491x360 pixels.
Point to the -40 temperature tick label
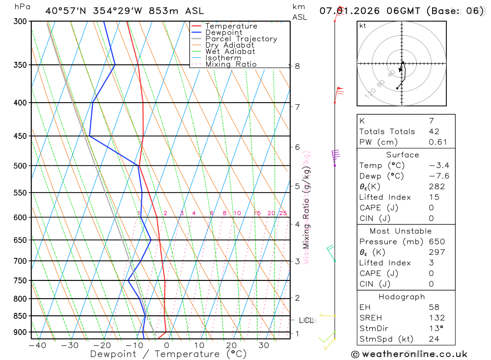tap(37, 345)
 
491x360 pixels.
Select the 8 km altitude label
tap(298, 66)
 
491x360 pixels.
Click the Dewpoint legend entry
tap(223, 32)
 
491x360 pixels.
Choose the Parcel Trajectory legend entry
tap(241, 39)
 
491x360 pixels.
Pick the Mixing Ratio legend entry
tap(231, 64)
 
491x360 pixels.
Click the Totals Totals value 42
tap(434, 132)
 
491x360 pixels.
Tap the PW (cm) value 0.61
tap(438, 142)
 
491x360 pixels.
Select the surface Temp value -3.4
tap(438, 166)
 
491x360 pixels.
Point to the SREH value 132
tap(436, 318)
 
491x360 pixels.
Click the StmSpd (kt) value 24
tap(434, 339)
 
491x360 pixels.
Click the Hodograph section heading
tap(402, 297)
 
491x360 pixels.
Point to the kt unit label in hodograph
tap(363, 26)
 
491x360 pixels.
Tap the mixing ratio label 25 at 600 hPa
tap(283, 213)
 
